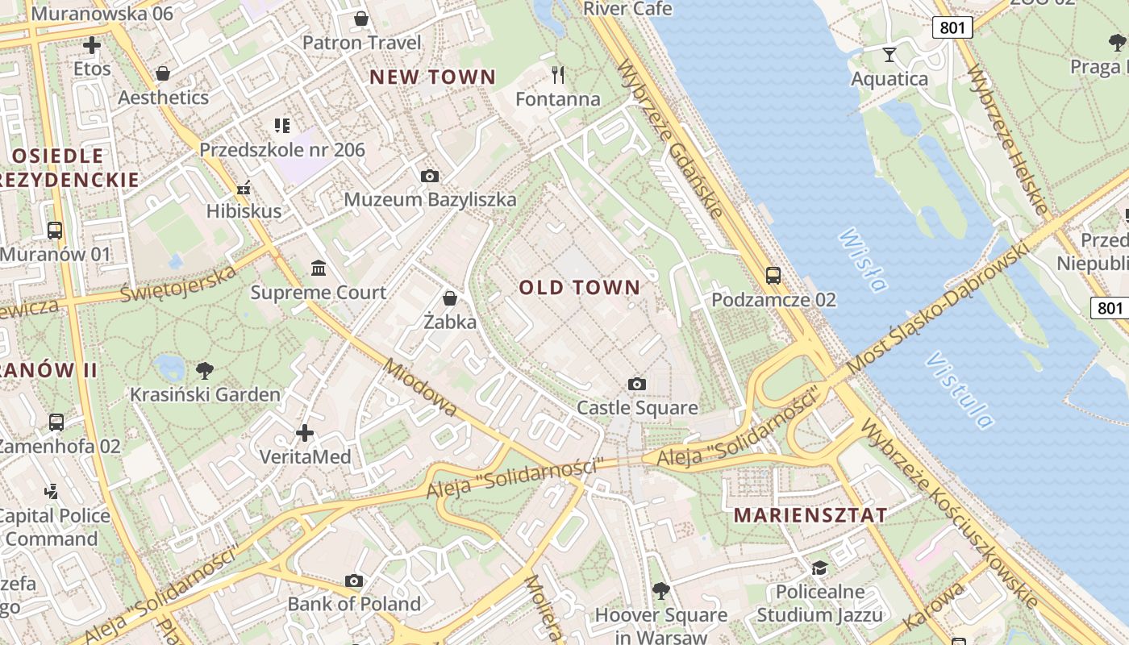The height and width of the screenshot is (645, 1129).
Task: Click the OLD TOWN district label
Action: [x=579, y=288]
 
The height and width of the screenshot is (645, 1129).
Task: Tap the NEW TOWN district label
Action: [x=432, y=77]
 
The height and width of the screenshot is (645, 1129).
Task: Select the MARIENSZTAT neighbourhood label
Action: [x=810, y=515]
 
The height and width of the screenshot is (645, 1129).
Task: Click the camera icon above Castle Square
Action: [x=637, y=384]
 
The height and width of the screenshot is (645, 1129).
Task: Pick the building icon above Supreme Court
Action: [x=319, y=268]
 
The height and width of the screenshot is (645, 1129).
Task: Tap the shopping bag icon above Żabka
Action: [x=450, y=298]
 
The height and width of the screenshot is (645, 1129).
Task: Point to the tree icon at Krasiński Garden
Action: [x=205, y=371]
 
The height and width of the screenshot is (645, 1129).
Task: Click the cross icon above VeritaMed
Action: [x=305, y=434]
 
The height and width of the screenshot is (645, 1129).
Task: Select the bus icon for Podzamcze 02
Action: [x=773, y=276]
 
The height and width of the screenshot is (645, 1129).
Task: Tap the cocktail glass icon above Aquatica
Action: [x=889, y=55]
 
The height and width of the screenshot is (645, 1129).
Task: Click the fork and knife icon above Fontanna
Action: [x=558, y=75]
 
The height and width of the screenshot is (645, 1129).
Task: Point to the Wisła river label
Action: [x=862, y=260]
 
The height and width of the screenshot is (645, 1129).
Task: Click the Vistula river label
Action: [x=960, y=390]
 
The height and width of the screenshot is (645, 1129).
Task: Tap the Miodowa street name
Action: [x=420, y=388]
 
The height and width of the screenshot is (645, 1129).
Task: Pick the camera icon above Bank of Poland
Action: [x=353, y=580]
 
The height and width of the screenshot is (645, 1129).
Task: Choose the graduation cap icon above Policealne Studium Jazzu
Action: [x=819, y=568]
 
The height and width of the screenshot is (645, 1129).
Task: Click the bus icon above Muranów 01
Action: [x=55, y=231]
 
